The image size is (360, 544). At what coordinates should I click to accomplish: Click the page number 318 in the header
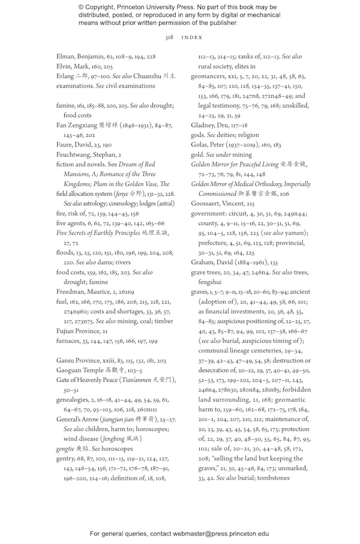[169, 37]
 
